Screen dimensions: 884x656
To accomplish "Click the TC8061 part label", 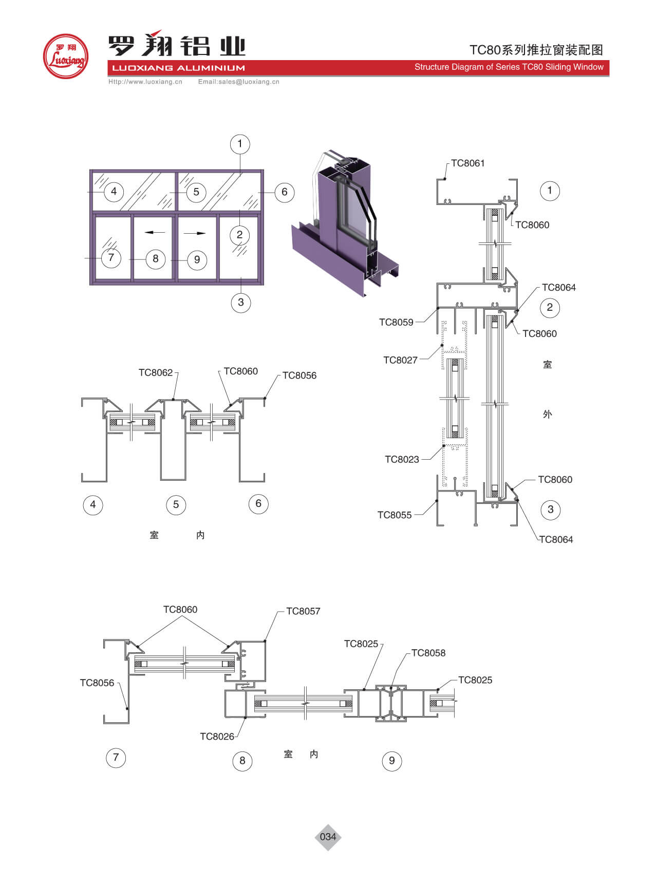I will coord(467,163).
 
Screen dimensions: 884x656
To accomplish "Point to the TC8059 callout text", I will coord(396,323).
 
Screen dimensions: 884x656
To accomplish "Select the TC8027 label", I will coord(400,360).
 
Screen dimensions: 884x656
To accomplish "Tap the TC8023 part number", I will coord(402,459).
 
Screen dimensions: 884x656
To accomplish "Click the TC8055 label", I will coord(395,515).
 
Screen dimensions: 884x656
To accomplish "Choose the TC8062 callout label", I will coord(156,372).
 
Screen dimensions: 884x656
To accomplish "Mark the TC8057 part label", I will coord(303,611).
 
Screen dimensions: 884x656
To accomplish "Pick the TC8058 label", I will coord(428,653).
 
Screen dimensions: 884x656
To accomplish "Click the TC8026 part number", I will coord(217,737).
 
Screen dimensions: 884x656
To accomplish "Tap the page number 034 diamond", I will coord(328,837).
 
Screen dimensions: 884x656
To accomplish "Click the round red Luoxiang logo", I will coord(65,57).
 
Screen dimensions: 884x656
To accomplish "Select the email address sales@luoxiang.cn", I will coord(239,82).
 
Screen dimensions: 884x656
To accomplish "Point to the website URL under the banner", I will coord(145,82).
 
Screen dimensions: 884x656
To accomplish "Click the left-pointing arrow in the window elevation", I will coord(155,233).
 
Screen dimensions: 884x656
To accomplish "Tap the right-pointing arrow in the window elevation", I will coord(194,233).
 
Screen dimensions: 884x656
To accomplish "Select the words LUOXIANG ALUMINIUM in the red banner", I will coord(178,68).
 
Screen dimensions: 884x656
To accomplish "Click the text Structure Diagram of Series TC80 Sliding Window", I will coord(509,67).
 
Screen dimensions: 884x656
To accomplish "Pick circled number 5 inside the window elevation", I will coord(196,192).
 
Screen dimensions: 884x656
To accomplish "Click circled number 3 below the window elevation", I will coord(240,302).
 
